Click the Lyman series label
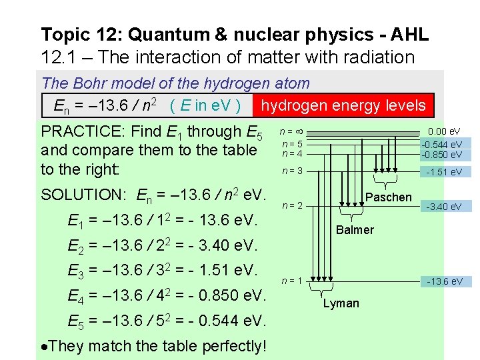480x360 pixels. tap(341, 303)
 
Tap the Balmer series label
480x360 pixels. tap(355, 230)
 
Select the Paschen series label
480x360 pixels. tap(389, 197)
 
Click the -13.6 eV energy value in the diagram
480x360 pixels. tap(445, 281)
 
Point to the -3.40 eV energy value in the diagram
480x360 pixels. tap(445, 207)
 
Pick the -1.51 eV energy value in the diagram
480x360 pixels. tap(445, 171)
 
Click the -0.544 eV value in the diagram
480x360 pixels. tap(442, 145)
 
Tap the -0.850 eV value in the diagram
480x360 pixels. tap(442, 155)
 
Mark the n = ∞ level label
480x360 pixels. tap(292, 132)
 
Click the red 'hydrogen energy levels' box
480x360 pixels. tap(343, 105)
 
